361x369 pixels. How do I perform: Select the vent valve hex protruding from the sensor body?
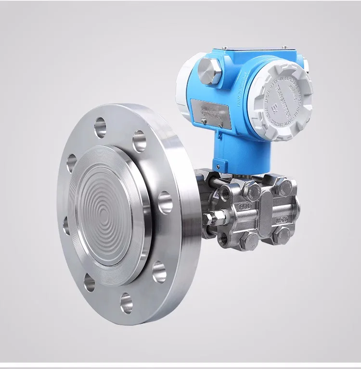tap(208, 219)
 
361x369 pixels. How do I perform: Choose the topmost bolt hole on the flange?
tap(100, 127)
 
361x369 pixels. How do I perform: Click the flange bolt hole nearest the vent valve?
tap(165, 202)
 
